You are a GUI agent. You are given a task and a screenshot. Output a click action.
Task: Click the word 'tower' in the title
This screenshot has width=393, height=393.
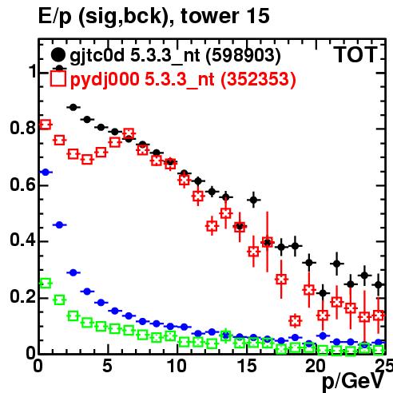(208, 16)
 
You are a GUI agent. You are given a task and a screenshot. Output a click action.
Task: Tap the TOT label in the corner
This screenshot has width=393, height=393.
(355, 54)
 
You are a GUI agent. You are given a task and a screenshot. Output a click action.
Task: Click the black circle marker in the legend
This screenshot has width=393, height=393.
(58, 54)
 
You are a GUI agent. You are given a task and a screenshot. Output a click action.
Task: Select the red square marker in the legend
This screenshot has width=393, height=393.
(58, 78)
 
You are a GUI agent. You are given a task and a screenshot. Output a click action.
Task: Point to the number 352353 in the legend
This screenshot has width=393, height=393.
(259, 79)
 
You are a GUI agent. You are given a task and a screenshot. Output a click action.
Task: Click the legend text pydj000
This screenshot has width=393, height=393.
(105, 80)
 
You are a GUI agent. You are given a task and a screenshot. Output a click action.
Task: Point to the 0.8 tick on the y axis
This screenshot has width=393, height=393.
(22, 128)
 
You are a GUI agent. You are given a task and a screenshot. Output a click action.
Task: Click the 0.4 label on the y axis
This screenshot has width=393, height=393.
(22, 240)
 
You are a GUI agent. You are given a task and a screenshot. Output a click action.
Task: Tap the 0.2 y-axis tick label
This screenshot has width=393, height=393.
(22, 296)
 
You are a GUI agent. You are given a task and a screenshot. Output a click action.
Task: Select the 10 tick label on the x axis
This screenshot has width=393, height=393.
(177, 366)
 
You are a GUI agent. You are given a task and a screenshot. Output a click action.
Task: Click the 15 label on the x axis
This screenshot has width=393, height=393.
(247, 366)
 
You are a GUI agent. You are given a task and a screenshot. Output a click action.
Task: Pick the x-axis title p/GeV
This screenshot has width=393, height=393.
(353, 382)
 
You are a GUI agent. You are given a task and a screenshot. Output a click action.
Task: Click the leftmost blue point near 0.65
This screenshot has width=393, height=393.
(46, 173)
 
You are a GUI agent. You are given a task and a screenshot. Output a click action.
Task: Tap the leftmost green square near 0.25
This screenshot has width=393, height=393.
(46, 284)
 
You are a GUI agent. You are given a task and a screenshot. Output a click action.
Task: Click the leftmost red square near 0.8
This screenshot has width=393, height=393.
(46, 125)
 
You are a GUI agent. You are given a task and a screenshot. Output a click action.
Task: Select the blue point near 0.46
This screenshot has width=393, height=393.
(59, 225)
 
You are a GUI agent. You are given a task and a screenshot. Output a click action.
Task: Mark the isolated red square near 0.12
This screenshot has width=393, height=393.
(295, 321)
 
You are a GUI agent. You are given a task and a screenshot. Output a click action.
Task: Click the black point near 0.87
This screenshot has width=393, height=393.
(73, 107)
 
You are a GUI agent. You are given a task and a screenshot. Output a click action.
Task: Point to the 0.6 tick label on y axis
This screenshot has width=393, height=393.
(22, 184)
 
